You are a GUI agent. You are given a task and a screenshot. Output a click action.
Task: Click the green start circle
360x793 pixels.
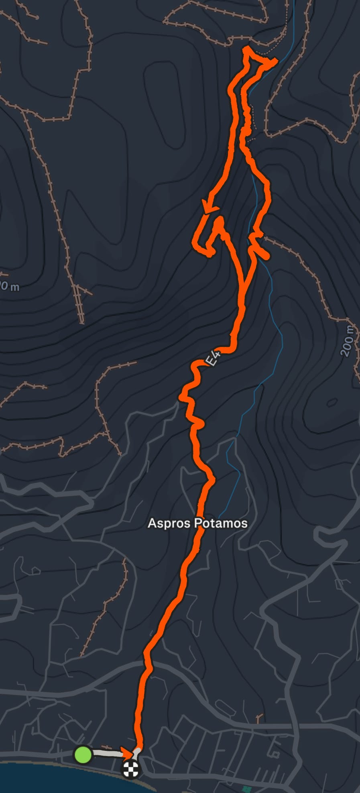83,754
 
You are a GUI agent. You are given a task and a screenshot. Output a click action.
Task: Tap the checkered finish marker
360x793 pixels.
131,769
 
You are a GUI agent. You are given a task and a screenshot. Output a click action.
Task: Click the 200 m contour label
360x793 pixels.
348,341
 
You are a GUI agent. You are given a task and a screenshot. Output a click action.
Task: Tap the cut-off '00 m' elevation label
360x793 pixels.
9,287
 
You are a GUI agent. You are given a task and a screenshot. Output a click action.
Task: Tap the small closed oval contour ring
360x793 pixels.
332,402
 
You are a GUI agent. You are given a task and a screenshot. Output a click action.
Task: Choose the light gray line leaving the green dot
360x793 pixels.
106,754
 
